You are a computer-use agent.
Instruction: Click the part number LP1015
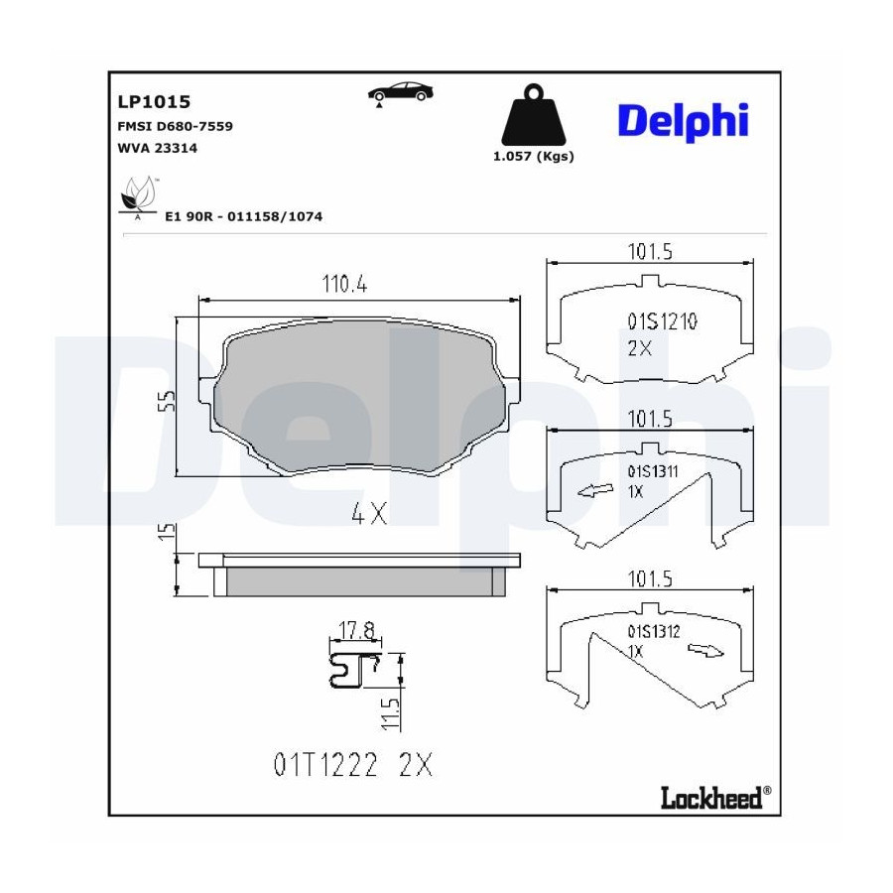[154, 102]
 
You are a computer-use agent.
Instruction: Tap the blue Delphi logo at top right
[683, 121]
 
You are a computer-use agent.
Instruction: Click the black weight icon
[533, 116]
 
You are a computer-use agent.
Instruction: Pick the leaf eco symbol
[138, 196]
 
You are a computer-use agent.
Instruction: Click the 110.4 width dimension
[344, 284]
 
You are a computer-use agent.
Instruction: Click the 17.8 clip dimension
[357, 630]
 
